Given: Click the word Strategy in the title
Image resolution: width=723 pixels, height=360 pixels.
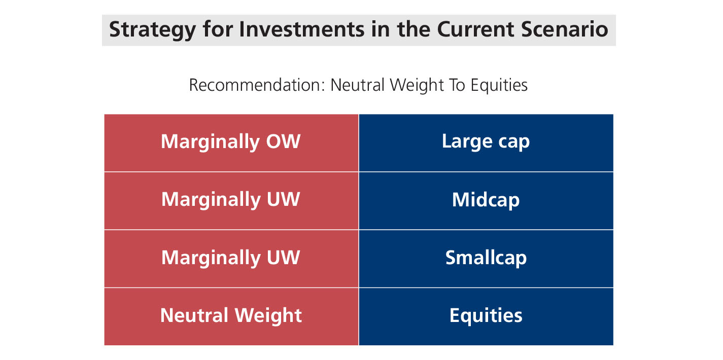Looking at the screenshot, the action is (x=152, y=30).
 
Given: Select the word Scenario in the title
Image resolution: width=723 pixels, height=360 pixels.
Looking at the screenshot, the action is (x=564, y=29).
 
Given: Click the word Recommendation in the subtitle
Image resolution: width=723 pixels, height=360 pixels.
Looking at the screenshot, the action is (x=257, y=85).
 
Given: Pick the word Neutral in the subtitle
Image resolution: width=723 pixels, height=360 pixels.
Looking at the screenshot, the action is (x=358, y=85).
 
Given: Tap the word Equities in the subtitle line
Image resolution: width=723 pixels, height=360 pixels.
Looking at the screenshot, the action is (x=499, y=86).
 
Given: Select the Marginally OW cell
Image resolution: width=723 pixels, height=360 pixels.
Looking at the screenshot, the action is (x=231, y=142).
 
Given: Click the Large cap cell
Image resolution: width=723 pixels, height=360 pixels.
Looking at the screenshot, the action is (x=486, y=142).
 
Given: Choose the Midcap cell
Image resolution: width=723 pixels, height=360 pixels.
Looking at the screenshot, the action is (x=486, y=201).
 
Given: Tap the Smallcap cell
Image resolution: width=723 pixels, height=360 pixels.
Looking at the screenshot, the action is (x=486, y=259).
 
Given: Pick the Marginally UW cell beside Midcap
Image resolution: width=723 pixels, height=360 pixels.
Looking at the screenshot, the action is (x=231, y=201).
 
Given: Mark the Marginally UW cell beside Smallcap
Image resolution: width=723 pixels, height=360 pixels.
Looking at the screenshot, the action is (x=231, y=259).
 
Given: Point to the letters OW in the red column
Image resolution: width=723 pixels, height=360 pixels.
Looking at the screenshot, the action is (x=283, y=141).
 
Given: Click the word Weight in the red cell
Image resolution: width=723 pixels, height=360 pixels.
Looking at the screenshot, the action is (x=268, y=316).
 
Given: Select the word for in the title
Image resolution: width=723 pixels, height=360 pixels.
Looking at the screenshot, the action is (x=218, y=29).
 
